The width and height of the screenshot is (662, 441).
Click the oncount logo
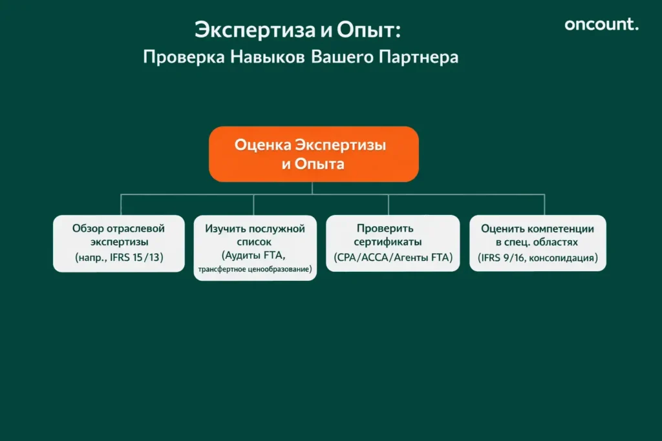click(x=601, y=25)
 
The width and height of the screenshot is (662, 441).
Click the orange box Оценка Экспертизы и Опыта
click(x=314, y=154)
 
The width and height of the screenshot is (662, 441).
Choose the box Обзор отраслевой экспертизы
click(x=119, y=243)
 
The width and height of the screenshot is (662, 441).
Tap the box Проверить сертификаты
click(x=392, y=243)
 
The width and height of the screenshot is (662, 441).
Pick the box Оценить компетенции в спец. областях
click(x=538, y=243)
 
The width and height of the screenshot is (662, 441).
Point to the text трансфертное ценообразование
click(x=255, y=268)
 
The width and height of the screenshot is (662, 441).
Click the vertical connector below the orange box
click(x=313, y=188)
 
